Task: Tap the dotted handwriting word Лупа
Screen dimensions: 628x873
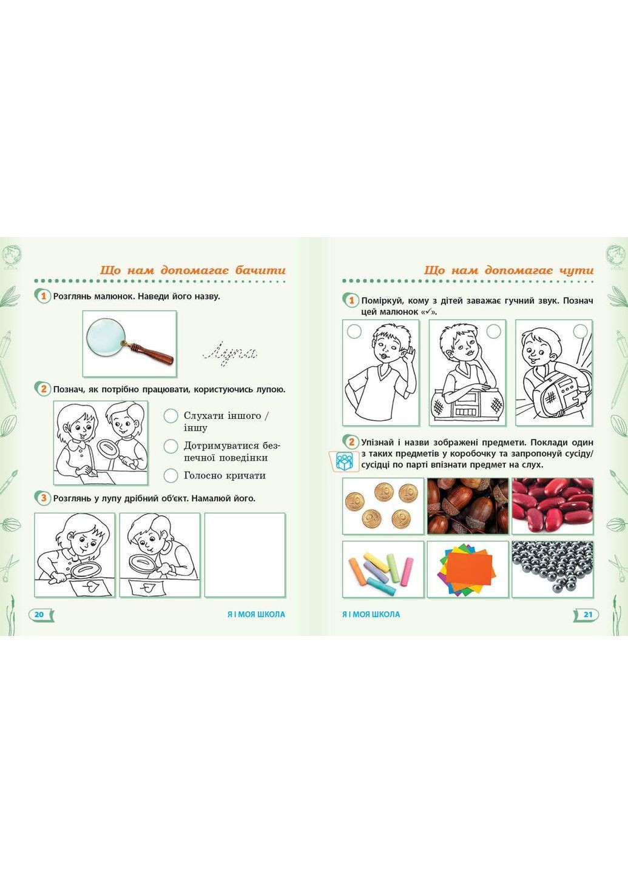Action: point(231,354)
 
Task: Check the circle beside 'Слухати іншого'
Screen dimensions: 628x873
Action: point(171,416)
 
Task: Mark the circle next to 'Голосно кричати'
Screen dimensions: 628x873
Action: point(171,476)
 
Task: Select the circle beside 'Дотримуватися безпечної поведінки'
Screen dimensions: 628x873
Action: point(171,446)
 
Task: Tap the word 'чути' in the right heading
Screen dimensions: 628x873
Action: point(576,270)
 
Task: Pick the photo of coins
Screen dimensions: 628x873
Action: point(383,506)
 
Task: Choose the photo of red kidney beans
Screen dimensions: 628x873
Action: point(553,506)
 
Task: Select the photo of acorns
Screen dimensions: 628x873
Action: point(468,506)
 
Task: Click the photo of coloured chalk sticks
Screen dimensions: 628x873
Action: point(383,569)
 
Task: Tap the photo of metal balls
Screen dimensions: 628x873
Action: point(553,569)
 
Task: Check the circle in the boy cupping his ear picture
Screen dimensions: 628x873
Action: point(354,332)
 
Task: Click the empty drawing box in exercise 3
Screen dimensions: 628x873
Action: point(245,555)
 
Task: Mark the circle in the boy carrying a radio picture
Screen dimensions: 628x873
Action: point(580,331)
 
